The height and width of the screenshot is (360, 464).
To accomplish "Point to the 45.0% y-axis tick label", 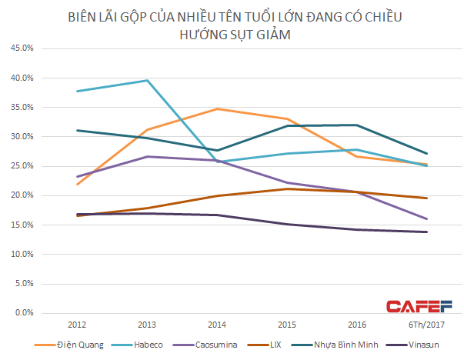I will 22,48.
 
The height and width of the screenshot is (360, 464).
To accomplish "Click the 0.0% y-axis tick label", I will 24,312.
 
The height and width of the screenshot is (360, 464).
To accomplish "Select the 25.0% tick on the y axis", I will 22,166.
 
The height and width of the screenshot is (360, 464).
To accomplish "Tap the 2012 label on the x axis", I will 77,325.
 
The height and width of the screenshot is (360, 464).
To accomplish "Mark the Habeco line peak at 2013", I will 147,80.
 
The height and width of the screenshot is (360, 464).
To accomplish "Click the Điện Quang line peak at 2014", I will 216,108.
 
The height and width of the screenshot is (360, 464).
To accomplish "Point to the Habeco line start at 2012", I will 77,92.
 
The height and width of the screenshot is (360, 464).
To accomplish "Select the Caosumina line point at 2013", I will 147,156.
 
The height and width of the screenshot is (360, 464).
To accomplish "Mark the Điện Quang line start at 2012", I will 77,184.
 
